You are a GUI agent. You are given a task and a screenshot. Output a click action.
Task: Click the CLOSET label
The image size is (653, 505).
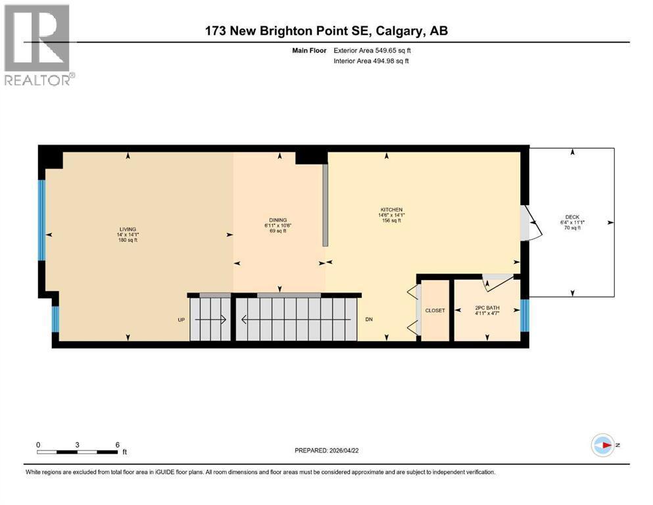[x=435, y=310]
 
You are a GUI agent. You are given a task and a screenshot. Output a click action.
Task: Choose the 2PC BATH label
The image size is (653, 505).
[x=487, y=307]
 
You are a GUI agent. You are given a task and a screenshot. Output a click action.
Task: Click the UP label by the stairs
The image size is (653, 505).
[x=181, y=320]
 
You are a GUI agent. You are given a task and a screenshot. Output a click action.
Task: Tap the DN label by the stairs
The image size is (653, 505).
[x=370, y=320]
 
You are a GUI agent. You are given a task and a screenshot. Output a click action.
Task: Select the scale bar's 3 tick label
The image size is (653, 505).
[x=78, y=445]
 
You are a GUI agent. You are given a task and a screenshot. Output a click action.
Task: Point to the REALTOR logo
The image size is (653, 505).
[x=37, y=45]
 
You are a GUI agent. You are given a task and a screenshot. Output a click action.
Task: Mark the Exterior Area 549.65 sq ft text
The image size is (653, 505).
[x=375, y=50]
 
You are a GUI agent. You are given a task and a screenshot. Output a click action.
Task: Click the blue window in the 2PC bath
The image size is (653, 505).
[x=524, y=315]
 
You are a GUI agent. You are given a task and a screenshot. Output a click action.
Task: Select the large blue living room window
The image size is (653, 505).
[x=42, y=220]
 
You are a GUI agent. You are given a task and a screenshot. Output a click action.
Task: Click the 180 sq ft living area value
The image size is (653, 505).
[x=128, y=241]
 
